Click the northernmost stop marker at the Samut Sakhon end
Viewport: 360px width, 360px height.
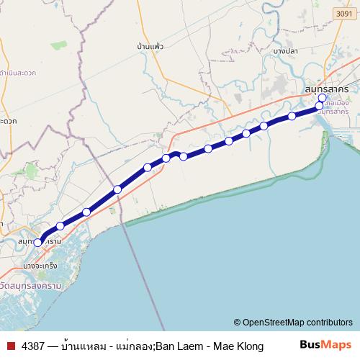322,98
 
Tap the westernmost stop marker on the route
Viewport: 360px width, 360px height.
38,243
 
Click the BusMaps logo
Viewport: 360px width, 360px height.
324,346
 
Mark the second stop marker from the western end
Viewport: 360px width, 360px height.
60,226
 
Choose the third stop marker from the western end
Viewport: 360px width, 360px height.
86,212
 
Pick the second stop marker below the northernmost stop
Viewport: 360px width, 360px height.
292,116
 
